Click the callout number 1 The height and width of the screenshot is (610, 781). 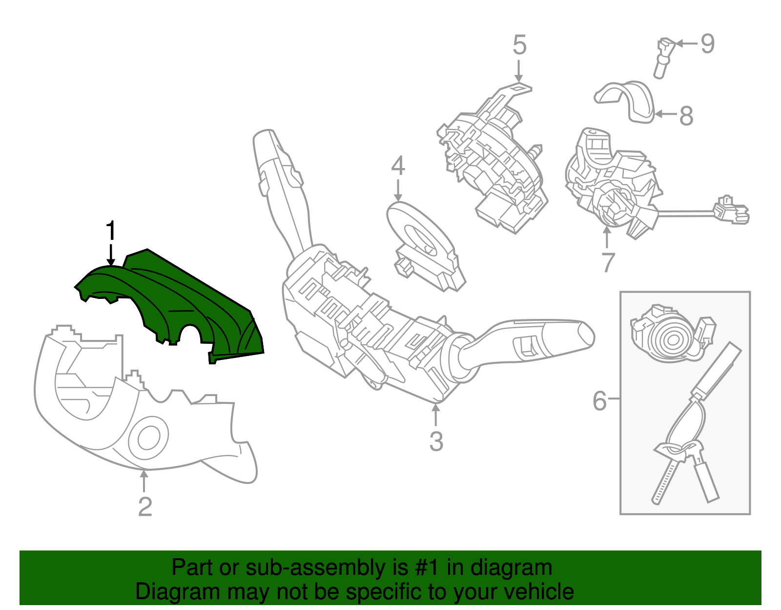(111, 230)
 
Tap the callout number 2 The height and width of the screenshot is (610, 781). (145, 506)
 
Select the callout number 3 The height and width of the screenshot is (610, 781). (436, 441)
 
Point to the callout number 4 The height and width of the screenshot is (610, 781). (398, 166)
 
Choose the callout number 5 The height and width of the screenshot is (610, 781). (519, 45)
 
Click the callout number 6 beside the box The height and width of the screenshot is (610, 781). (599, 400)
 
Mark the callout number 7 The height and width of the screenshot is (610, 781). (607, 262)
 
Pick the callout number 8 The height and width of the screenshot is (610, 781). (686, 116)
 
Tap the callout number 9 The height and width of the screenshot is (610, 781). (707, 44)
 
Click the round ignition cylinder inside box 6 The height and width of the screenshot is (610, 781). (671, 337)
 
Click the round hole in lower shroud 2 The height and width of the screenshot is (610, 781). (148, 438)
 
